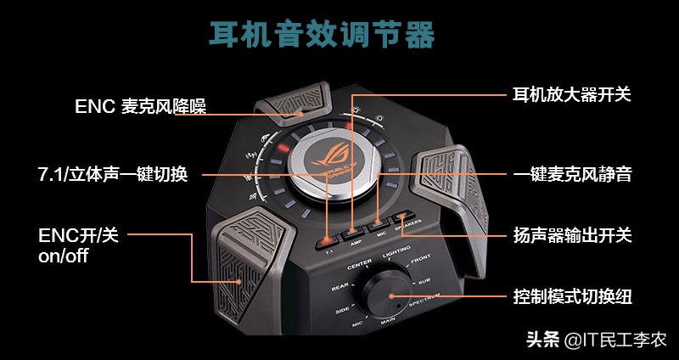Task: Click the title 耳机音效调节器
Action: (x=322, y=35)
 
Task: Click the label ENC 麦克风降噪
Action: (x=141, y=106)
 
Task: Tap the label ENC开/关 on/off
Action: (x=78, y=245)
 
